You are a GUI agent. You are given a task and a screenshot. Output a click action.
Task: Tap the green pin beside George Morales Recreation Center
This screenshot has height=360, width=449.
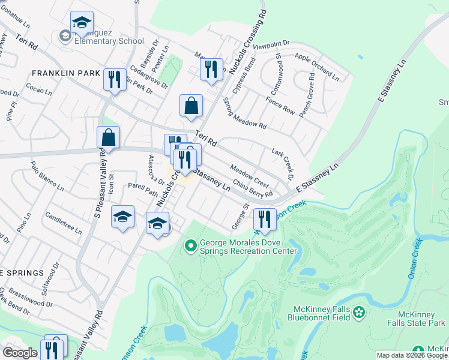click(191, 245)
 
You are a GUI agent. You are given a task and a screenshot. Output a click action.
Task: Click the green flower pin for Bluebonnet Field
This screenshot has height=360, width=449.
click(359, 311)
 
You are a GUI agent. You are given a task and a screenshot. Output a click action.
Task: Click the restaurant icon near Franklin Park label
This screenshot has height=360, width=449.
click(113, 79)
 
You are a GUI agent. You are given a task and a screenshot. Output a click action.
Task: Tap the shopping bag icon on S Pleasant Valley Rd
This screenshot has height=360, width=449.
click(108, 137)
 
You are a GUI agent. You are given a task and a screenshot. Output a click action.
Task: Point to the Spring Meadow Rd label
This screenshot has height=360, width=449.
click(244, 114)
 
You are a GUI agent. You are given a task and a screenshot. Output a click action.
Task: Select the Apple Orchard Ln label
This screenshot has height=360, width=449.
click(317, 66)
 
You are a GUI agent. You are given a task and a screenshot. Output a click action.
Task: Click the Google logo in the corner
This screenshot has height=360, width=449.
click(20, 352)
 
